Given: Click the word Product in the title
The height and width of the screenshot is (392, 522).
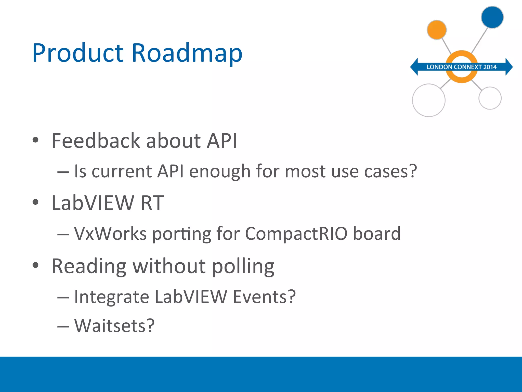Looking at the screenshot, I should coord(78,53).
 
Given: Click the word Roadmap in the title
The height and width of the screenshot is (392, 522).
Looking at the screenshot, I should coord(187,53).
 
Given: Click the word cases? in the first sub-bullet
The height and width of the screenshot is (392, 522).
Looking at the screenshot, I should coord(390,171).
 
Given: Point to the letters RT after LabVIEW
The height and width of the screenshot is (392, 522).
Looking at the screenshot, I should coord(152,203).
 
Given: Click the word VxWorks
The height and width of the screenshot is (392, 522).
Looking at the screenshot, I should coord(110,234).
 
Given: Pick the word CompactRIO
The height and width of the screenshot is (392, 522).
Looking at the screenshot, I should coord(296,234).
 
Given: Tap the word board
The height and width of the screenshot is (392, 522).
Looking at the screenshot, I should coord(376,234).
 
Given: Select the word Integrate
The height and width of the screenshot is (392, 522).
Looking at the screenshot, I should coord(111,297).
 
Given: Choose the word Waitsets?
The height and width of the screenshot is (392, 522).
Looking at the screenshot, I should coord(114,326).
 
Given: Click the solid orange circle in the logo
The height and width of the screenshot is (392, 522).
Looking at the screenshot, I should coord(437,30).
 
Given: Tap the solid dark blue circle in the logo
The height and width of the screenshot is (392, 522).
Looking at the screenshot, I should coord(492,17).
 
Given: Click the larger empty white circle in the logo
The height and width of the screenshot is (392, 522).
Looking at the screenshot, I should coord(429,100).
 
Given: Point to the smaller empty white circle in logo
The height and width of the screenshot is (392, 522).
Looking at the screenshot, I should coord(490,98).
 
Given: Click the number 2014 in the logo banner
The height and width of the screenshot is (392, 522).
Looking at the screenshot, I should coord(490,67).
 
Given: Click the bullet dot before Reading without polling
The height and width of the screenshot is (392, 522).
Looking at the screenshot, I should coord(35,265).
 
